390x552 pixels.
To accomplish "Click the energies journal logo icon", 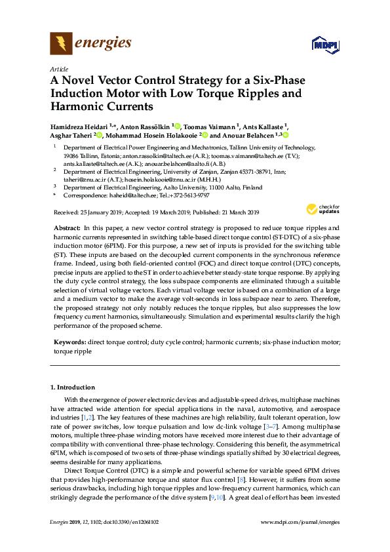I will click(x=61, y=44).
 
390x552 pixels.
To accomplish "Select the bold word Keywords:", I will click(x=69, y=343).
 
